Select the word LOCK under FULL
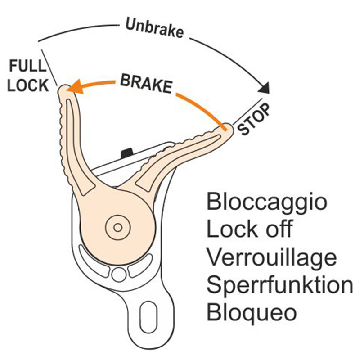tap(28, 85)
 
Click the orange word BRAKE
tap(145, 84)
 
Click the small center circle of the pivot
tap(117, 227)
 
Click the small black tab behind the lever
tap(126, 152)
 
